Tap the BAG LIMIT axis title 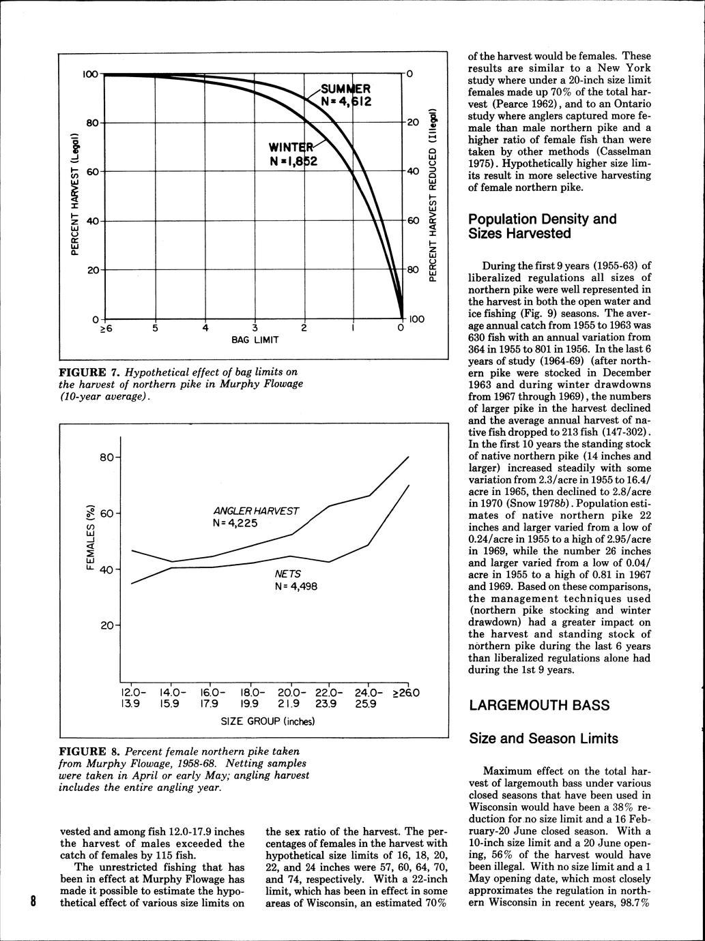pos(254,339)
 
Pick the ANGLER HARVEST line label pos(256,511)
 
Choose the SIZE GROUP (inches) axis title pos(268,721)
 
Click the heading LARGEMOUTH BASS pos(539,705)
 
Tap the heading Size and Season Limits pos(543,738)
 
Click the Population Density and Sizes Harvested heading pos(542,226)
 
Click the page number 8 pos(32,901)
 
